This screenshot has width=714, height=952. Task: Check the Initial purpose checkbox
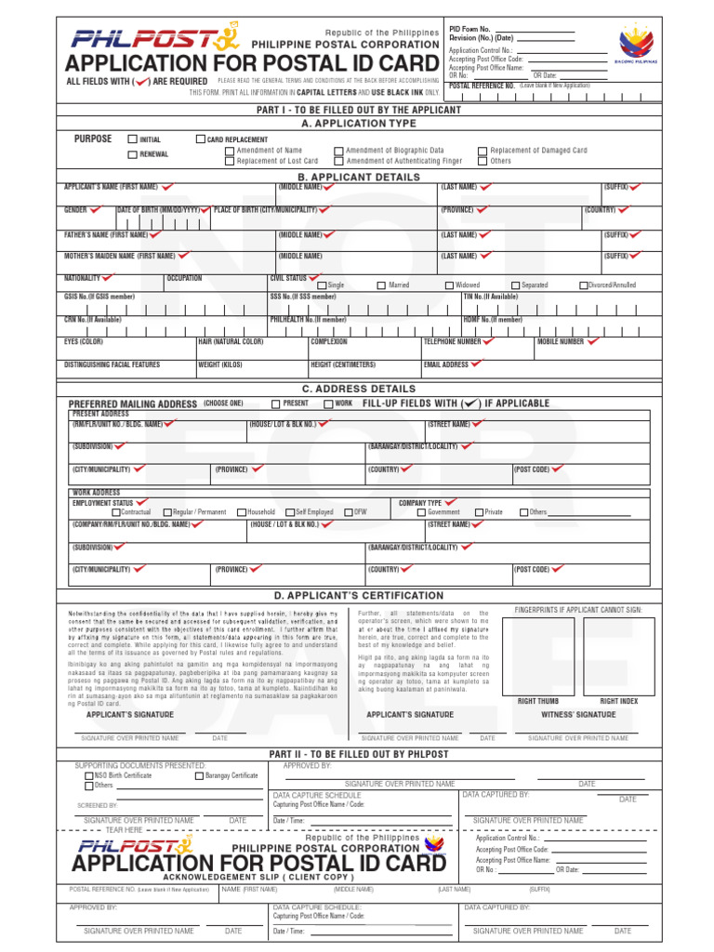pyautogui.click(x=132, y=139)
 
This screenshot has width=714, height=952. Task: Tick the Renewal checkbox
pyautogui.click(x=132, y=154)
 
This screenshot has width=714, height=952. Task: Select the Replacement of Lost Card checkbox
pyautogui.click(x=230, y=161)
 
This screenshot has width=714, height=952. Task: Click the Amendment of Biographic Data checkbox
pyautogui.click(x=338, y=151)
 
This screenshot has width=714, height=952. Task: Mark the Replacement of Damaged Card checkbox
pyautogui.click(x=483, y=151)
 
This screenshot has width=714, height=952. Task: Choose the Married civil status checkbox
pyautogui.click(x=381, y=285)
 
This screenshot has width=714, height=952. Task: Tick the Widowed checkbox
pyautogui.click(x=449, y=285)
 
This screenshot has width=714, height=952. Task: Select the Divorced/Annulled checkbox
pyautogui.click(x=584, y=285)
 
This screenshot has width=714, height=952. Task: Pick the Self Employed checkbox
pyautogui.click(x=289, y=512)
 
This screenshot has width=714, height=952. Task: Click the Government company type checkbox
pyautogui.click(x=421, y=512)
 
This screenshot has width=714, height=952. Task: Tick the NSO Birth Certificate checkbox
pyautogui.click(x=88, y=775)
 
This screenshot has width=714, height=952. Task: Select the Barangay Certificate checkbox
pyautogui.click(x=199, y=775)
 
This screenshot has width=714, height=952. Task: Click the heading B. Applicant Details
pyautogui.click(x=359, y=176)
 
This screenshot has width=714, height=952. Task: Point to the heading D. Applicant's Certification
pyautogui.click(x=359, y=595)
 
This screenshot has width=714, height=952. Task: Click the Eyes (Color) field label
pyautogui.click(x=84, y=342)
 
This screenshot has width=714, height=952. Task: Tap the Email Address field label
pyautogui.click(x=447, y=364)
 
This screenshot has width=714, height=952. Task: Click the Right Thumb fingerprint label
pyautogui.click(x=538, y=702)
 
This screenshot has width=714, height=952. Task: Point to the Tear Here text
pyautogui.click(x=125, y=829)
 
